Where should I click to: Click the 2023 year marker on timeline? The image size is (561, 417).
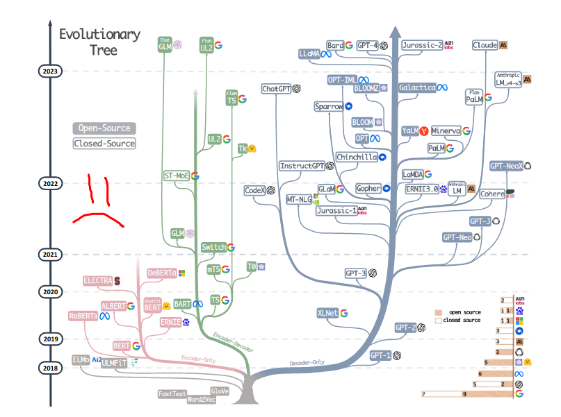pyautogui.click(x=50, y=71)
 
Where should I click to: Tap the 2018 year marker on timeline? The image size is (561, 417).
pyautogui.click(x=50, y=368)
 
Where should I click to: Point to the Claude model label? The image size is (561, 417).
pyautogui.click(x=485, y=45)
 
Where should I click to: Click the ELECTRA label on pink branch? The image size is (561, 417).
pyautogui.click(x=97, y=280)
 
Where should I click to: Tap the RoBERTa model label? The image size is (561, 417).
pyautogui.click(x=83, y=316)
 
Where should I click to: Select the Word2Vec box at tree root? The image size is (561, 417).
pyautogui.click(x=202, y=400)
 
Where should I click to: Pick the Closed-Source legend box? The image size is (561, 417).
pyautogui.click(x=104, y=144)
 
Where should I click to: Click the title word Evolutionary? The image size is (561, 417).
pyautogui.click(x=99, y=34)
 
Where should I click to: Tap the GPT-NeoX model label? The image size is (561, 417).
pyautogui.click(x=505, y=166)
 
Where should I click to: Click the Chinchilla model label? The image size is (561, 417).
pyautogui.click(x=356, y=157)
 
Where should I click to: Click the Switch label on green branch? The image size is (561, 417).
pyautogui.click(x=213, y=248)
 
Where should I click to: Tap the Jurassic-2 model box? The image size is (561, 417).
pyautogui.click(x=422, y=45)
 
